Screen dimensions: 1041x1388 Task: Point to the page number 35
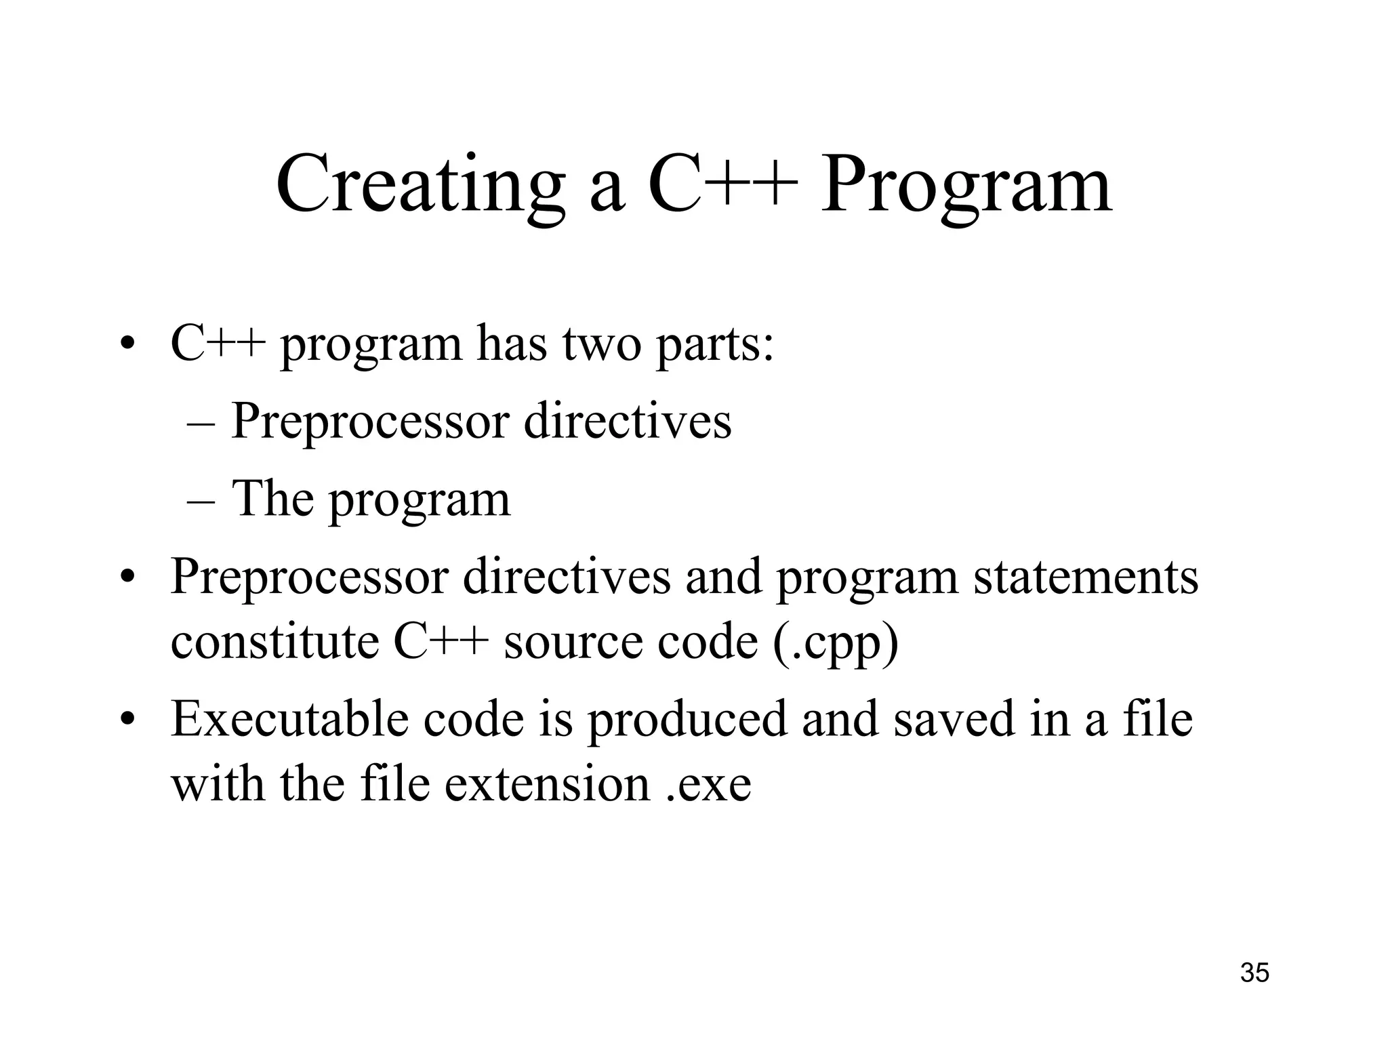click(1254, 973)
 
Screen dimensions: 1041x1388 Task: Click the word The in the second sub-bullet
click(272, 499)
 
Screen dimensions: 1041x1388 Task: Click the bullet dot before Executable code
click(127, 721)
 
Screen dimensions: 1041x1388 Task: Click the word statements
click(1086, 577)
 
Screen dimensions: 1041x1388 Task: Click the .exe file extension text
click(709, 784)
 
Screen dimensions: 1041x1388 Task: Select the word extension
click(548, 784)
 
